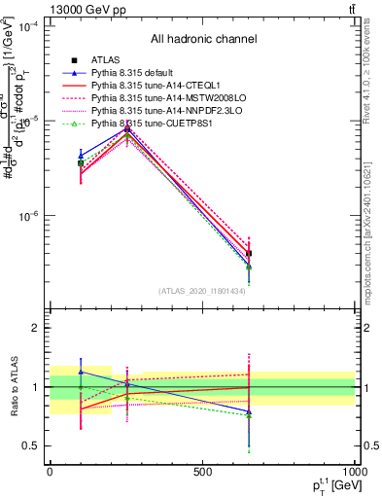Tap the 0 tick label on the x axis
[x=50, y=471]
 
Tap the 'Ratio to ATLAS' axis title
[x=15, y=387]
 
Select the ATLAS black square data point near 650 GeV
[x=249, y=253]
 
